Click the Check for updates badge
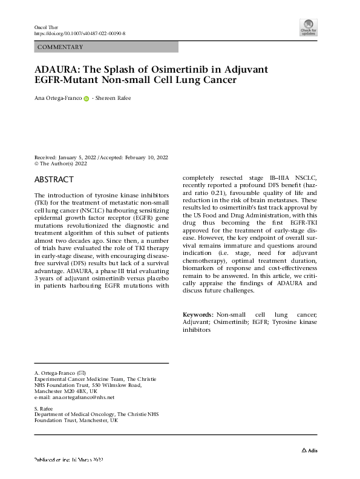[x=308, y=27]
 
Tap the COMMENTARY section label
[x=61, y=47]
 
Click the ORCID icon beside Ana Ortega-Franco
[x=87, y=98]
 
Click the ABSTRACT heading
[x=54, y=180]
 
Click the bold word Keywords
[x=197, y=315]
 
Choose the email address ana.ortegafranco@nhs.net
[x=83, y=398]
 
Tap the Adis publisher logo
[x=309, y=451]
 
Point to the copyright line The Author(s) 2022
[x=64, y=164]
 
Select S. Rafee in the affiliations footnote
[x=45, y=408]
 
